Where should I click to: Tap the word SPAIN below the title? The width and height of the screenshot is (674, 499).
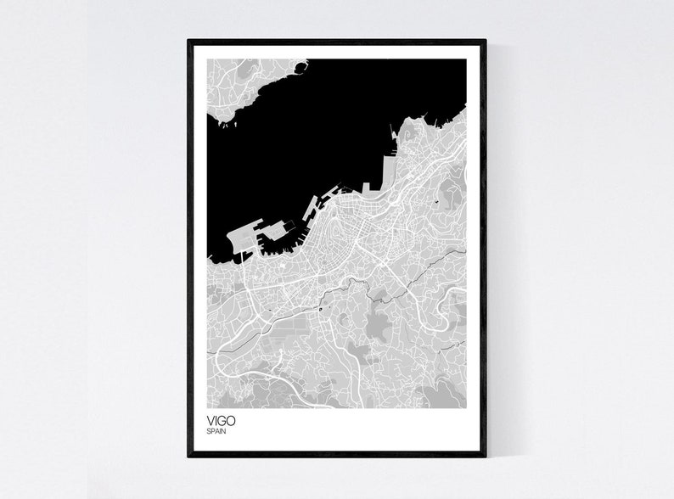pos(216,431)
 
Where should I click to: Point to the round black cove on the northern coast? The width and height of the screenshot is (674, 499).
pos(298,64)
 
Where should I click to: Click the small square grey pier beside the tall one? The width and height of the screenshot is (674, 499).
pos(367,187)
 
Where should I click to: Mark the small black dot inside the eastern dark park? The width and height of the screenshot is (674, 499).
pos(435,202)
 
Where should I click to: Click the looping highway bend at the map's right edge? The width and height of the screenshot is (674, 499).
pos(456,298)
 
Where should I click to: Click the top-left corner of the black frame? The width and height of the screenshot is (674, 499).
pos(189,41)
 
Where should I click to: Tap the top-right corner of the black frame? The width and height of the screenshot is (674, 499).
pos(485,41)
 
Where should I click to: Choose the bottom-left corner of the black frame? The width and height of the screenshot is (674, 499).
pos(189,455)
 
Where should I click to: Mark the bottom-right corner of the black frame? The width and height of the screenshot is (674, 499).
pos(485,455)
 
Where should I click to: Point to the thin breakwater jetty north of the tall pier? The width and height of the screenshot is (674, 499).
pos(391,131)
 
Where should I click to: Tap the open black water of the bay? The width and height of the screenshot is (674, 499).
pos(306,136)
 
